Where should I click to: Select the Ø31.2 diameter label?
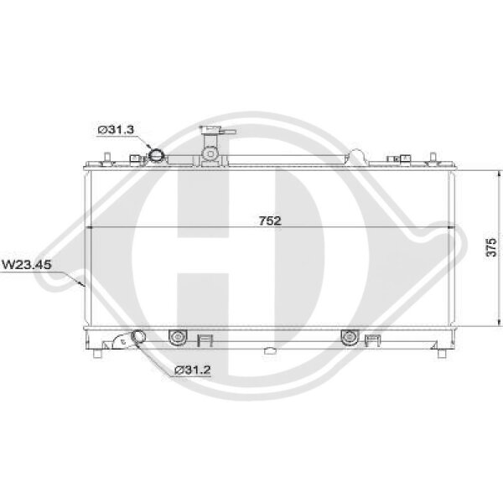[191, 370]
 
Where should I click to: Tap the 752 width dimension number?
[268, 221]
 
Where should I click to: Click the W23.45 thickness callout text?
[28, 264]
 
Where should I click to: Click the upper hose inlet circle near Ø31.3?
[158, 155]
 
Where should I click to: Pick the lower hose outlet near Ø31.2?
[134, 340]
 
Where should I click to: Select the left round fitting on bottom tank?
[176, 338]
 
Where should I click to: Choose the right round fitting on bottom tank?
[348, 338]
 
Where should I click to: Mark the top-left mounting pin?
[108, 158]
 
